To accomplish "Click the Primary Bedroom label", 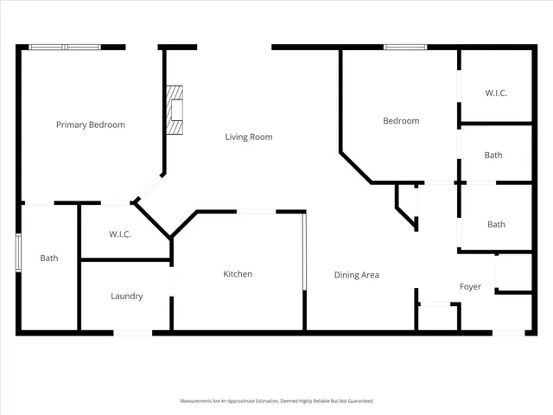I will [91, 124].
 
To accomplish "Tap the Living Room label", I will [249, 137].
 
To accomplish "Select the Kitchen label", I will [238, 274].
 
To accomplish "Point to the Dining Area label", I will [357, 275].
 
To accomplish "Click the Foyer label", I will [470, 287].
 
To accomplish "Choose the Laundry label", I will [126, 297].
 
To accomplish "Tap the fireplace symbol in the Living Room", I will [176, 111].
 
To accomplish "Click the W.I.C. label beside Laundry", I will [120, 234].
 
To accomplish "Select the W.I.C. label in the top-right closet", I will [496, 93].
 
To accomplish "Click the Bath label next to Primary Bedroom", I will [49, 258].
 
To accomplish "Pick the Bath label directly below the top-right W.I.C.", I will [493, 156].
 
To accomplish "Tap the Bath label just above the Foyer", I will [496, 225].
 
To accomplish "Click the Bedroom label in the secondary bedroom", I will [401, 121].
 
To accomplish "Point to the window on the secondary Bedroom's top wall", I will [405, 47].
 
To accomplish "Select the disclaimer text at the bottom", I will [276, 401].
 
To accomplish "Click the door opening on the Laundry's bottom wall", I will [132, 332].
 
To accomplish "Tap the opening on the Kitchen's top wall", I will [257, 211].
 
